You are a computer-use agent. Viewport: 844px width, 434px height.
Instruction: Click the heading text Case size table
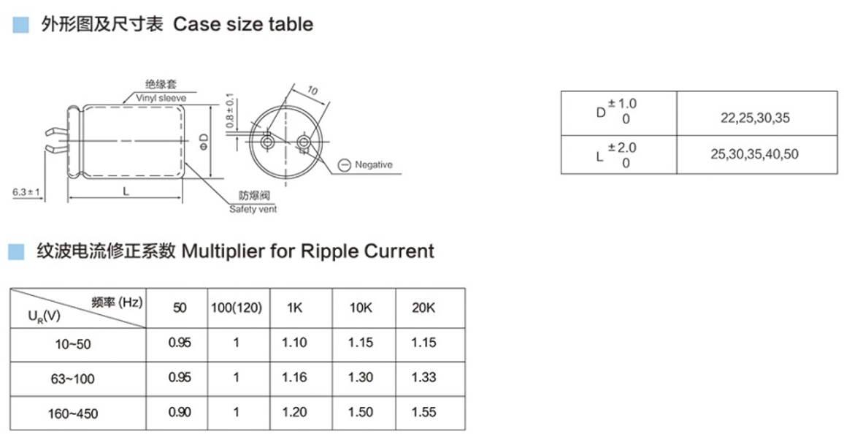[243, 24]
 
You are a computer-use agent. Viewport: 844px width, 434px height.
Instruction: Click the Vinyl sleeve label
[161, 98]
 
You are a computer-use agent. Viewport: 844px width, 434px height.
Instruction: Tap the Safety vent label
[253, 209]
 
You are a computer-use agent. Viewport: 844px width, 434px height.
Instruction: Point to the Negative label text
[373, 164]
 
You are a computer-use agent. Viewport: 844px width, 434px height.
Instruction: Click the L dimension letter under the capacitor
[126, 192]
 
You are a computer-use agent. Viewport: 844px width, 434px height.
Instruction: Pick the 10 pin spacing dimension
[312, 91]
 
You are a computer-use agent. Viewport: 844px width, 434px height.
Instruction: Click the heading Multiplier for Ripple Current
[307, 251]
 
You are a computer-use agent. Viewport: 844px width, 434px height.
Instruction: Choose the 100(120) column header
[236, 308]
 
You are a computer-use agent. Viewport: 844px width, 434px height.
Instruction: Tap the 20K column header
[423, 308]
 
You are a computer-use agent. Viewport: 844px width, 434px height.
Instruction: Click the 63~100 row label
[74, 379]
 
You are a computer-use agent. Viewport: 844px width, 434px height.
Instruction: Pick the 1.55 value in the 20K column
[423, 412]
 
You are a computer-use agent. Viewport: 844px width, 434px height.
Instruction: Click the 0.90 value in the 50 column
[180, 412]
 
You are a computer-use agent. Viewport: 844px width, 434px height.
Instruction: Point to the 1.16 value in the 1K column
[294, 378]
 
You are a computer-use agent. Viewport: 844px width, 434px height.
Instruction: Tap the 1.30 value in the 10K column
[361, 378]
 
